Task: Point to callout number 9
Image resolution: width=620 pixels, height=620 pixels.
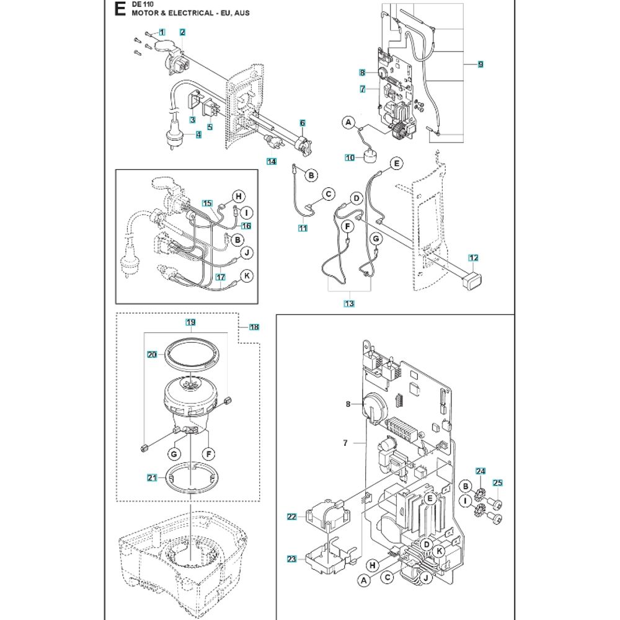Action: pyautogui.click(x=481, y=64)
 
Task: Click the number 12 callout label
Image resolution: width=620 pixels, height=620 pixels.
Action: pyautogui.click(x=474, y=257)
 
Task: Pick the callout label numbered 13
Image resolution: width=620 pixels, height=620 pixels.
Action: pyautogui.click(x=349, y=303)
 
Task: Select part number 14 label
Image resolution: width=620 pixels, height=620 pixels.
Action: pyautogui.click(x=272, y=162)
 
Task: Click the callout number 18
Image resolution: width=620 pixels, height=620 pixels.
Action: pyautogui.click(x=254, y=327)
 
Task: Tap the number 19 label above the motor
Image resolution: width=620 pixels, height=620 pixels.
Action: pyautogui.click(x=191, y=322)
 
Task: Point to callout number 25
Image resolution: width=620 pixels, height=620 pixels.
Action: pyautogui.click(x=497, y=483)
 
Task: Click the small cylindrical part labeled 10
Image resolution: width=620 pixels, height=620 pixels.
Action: pyautogui.click(x=372, y=156)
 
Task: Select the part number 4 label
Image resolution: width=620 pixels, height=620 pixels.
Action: pyautogui.click(x=198, y=134)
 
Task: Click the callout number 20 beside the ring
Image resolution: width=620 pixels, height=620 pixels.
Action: pyautogui.click(x=153, y=355)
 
